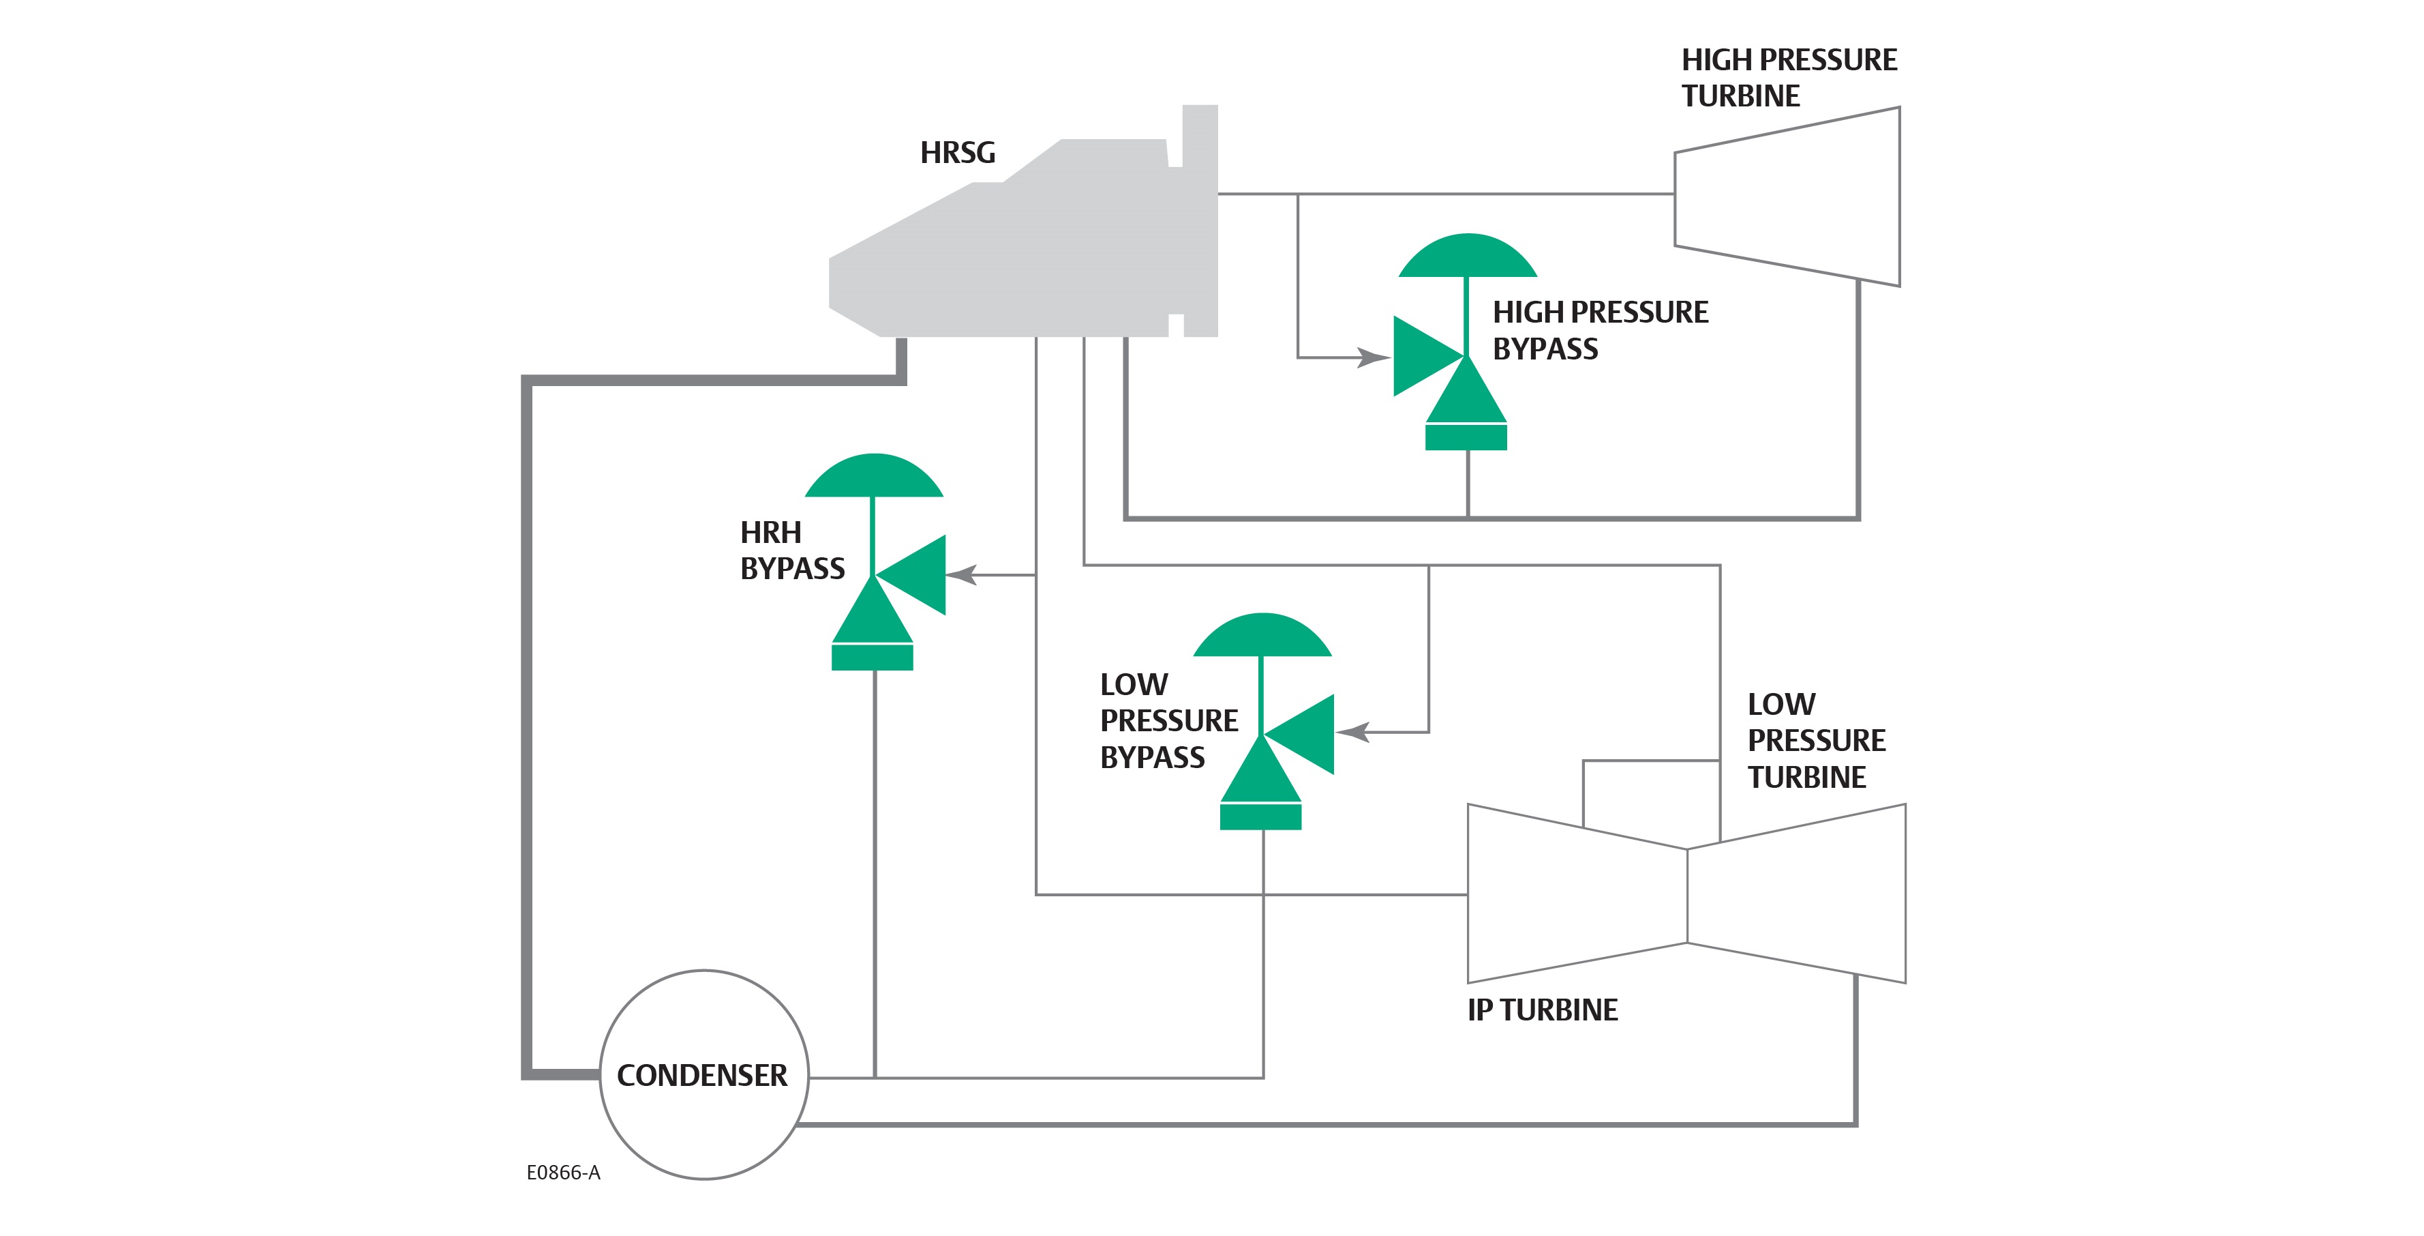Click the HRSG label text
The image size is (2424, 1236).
point(957,153)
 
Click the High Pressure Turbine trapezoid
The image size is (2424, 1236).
point(1788,198)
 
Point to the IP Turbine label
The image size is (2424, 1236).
point(1543,1010)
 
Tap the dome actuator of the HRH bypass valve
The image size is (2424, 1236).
point(874,477)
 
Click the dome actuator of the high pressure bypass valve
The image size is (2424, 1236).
point(1467,257)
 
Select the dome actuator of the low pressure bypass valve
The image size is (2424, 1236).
point(1262,636)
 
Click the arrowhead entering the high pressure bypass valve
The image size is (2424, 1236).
point(1374,357)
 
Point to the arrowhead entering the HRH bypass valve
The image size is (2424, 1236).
point(962,574)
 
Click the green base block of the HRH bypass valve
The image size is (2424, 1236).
point(873,656)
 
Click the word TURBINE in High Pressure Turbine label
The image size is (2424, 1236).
point(1741,96)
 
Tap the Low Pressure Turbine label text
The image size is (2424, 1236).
point(1816,741)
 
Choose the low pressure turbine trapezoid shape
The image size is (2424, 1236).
point(1798,894)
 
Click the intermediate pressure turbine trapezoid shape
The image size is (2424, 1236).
point(1576,894)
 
